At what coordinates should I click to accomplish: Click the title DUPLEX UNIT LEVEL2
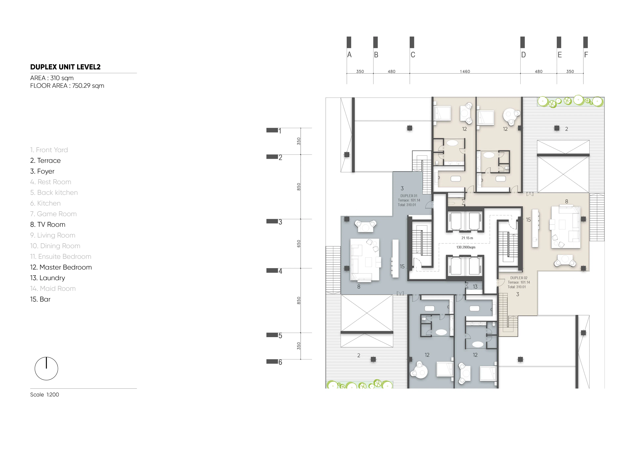pos(65,67)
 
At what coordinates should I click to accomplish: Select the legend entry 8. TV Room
pos(48,225)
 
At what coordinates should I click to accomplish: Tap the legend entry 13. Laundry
pos(48,278)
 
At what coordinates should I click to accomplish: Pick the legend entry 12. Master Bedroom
pos(61,267)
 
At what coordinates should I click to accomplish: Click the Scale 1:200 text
pos(44,395)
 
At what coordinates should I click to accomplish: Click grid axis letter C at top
pos(413,55)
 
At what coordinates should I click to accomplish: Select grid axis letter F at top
pos(586,55)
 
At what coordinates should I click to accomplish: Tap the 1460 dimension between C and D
pos(465,71)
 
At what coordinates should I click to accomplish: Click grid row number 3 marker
pos(280,222)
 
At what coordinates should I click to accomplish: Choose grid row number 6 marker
pos(280,362)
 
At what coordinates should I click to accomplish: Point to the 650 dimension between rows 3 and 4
pos(299,244)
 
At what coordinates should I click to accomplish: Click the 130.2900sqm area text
pos(466,247)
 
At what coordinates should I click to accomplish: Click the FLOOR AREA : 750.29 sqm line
pos(67,86)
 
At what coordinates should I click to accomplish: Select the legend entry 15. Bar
pos(40,299)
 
